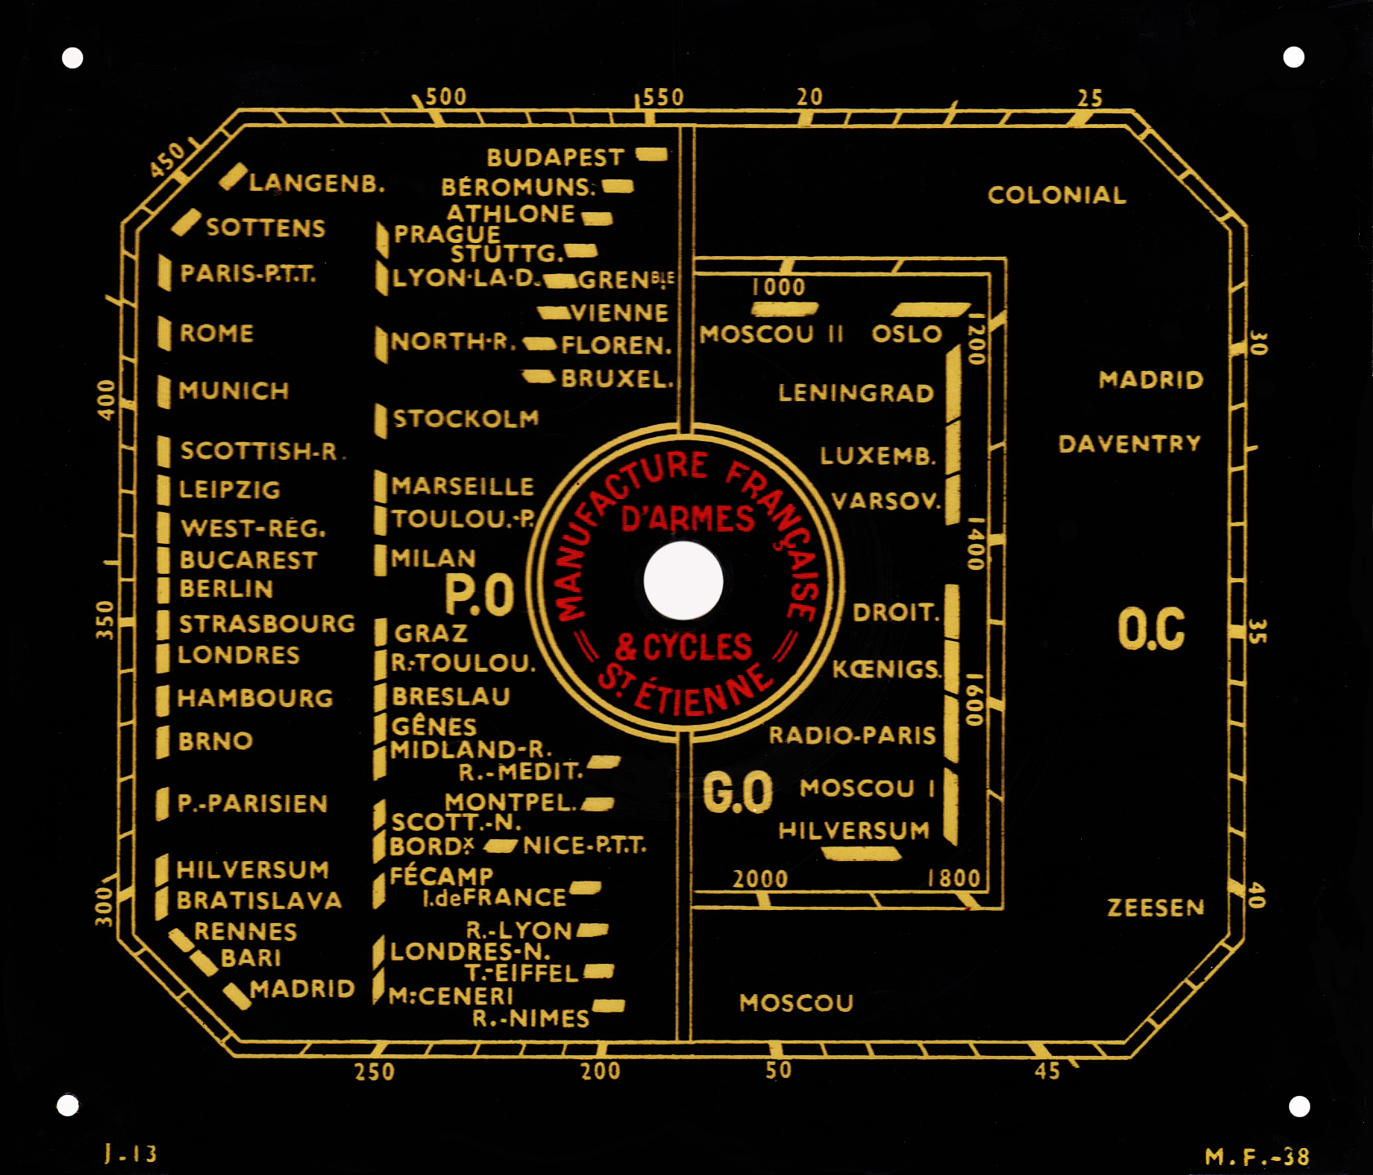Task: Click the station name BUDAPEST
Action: click(555, 157)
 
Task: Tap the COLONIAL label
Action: click(1057, 195)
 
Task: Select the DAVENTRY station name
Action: click(1130, 444)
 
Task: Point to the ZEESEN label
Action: click(1155, 908)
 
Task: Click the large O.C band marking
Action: click(1151, 629)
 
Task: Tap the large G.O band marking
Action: click(738, 793)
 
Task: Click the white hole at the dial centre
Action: click(683, 581)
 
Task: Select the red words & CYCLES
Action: click(683, 647)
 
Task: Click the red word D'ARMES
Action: click(688, 519)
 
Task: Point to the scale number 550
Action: click(663, 98)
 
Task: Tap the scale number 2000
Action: click(760, 879)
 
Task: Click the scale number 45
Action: click(1048, 1071)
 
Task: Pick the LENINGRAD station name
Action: click(856, 393)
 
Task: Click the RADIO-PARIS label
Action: click(852, 735)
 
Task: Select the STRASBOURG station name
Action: click(267, 624)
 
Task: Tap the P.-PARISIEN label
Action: click(253, 804)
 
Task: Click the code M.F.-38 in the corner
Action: click(1257, 1156)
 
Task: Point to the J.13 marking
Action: click(130, 1153)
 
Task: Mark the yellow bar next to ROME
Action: click(165, 334)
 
